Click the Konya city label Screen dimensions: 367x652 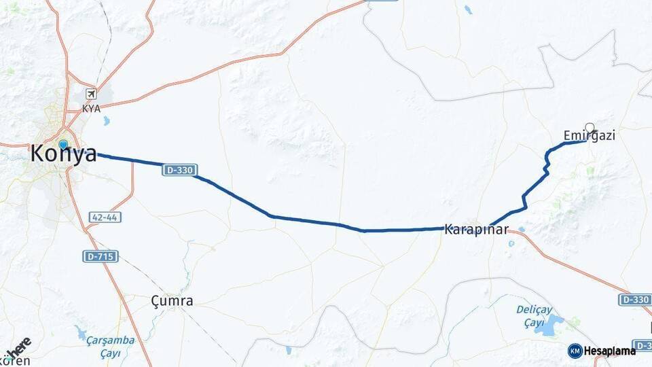(x=63, y=155)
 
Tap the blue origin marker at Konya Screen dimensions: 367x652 (x=63, y=144)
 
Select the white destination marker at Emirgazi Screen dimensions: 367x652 (x=590, y=127)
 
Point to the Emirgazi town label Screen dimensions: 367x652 (x=589, y=136)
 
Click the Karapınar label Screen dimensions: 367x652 (x=476, y=230)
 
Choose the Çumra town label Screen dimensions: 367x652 (x=172, y=300)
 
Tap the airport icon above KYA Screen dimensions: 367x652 (x=90, y=94)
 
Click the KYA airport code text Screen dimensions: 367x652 (x=91, y=108)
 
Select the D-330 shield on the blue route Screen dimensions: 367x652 (x=179, y=170)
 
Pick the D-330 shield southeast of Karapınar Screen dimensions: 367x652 (x=634, y=300)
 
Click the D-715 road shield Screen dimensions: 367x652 (x=101, y=256)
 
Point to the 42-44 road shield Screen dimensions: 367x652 (x=104, y=218)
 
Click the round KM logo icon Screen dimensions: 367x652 (x=575, y=351)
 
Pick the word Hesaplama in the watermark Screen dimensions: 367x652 (x=610, y=351)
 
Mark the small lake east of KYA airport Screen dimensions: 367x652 (x=105, y=122)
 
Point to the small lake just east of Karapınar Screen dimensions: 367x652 (x=521, y=230)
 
